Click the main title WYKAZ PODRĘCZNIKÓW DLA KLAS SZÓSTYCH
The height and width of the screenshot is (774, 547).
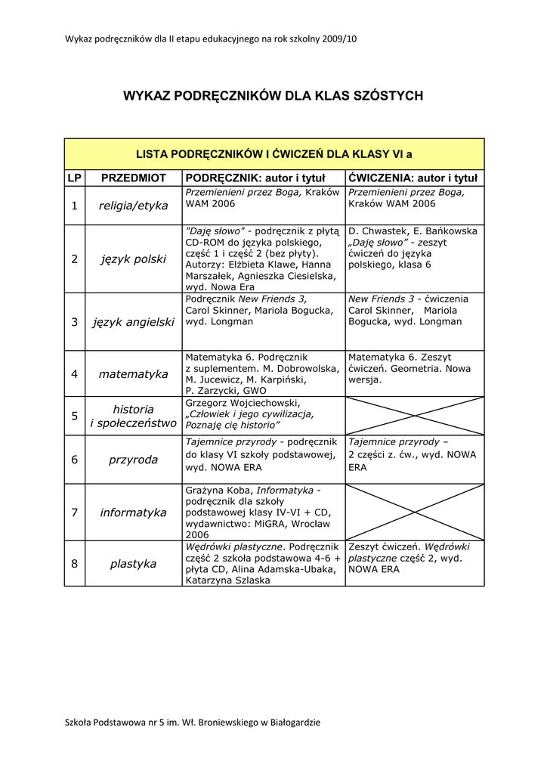click(273, 96)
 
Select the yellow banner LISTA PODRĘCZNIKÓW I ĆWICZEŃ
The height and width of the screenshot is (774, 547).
click(273, 154)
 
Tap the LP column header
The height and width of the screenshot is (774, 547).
click(74, 178)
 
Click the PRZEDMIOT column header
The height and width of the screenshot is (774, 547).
click(134, 178)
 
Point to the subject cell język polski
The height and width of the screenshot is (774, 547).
click(134, 259)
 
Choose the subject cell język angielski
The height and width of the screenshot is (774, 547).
click(134, 322)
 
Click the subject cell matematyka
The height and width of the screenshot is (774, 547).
click(134, 373)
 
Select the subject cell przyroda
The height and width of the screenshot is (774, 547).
click(134, 460)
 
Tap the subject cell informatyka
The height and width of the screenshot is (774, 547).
click(134, 512)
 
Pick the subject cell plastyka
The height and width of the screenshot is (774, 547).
click(134, 564)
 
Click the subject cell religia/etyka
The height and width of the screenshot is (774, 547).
click(134, 206)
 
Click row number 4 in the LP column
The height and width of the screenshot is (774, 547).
click(74, 373)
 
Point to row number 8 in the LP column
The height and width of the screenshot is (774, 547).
click(74, 564)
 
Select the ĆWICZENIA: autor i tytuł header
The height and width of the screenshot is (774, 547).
click(413, 178)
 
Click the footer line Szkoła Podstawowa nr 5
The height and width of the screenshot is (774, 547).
click(193, 722)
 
